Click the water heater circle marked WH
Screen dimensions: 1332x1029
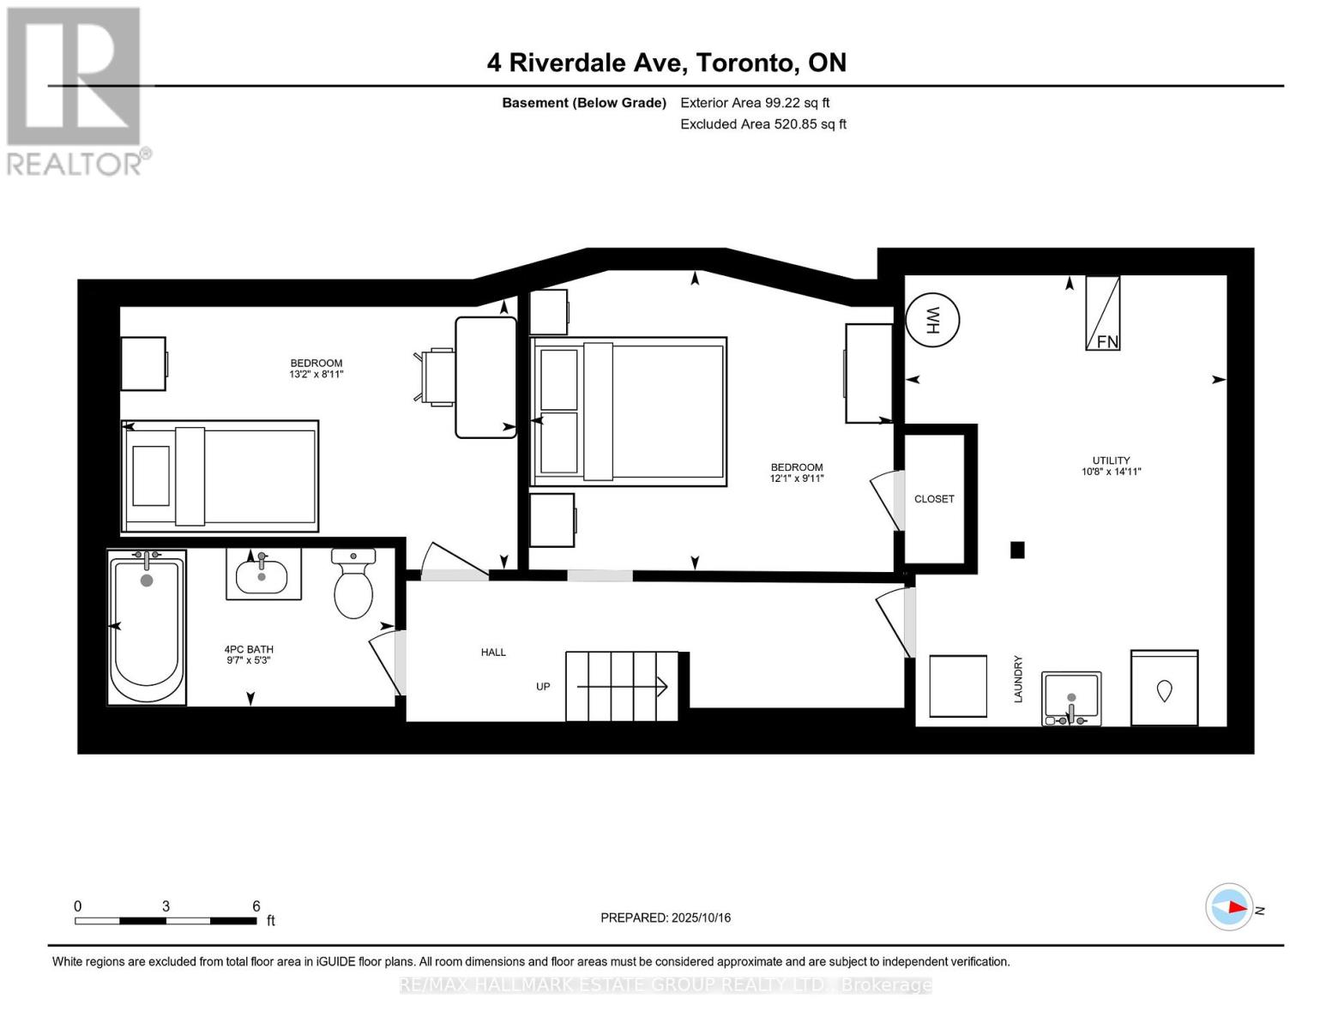(x=931, y=320)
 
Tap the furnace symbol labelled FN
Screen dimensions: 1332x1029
(x=1102, y=313)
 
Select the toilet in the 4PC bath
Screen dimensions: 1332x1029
(x=353, y=583)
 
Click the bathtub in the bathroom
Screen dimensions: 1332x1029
(x=147, y=627)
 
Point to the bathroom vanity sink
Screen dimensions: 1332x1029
(x=262, y=574)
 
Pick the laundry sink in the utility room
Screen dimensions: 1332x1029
(x=1071, y=699)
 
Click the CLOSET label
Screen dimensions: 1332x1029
(x=933, y=499)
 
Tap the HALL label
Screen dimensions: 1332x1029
(x=493, y=652)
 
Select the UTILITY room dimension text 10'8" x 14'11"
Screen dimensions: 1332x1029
(x=1111, y=472)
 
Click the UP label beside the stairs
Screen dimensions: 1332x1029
(x=542, y=686)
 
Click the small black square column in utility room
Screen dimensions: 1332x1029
(x=1017, y=550)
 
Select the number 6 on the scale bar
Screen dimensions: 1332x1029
(x=256, y=906)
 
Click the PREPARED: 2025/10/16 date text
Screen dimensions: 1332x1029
(x=665, y=918)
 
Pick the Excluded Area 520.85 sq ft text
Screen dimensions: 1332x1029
(x=763, y=123)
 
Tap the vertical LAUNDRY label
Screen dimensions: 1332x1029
(x=1017, y=678)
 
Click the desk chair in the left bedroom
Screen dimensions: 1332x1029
(x=435, y=377)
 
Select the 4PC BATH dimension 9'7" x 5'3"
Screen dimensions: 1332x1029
(x=248, y=660)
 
